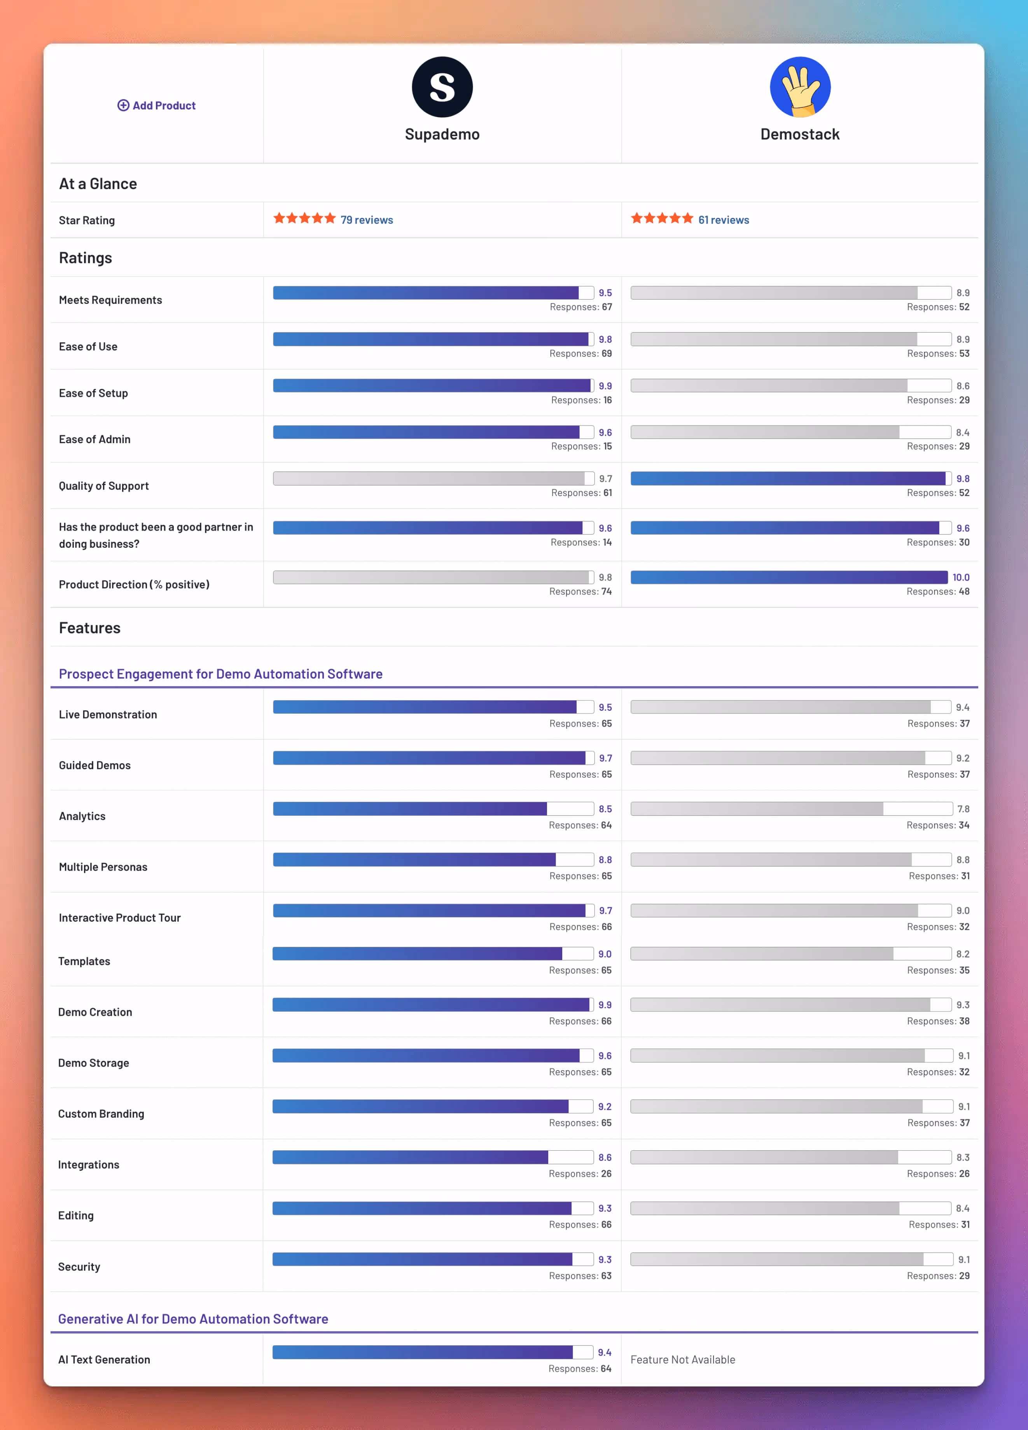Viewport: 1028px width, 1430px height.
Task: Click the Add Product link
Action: click(157, 105)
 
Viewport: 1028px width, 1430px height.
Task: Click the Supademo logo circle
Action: click(442, 87)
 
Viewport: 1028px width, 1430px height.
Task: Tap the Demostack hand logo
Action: click(799, 87)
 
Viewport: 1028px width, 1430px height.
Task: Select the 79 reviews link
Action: click(366, 220)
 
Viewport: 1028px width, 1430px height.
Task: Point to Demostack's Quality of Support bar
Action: click(790, 478)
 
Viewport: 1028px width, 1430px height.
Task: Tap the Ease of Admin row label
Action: click(94, 440)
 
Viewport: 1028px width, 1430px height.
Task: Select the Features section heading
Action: click(89, 628)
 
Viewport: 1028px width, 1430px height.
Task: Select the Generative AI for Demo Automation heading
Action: click(193, 1319)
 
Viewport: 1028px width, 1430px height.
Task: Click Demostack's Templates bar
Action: click(790, 953)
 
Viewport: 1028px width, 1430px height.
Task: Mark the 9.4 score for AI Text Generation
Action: click(605, 1353)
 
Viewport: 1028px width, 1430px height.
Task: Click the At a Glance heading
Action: click(98, 184)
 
